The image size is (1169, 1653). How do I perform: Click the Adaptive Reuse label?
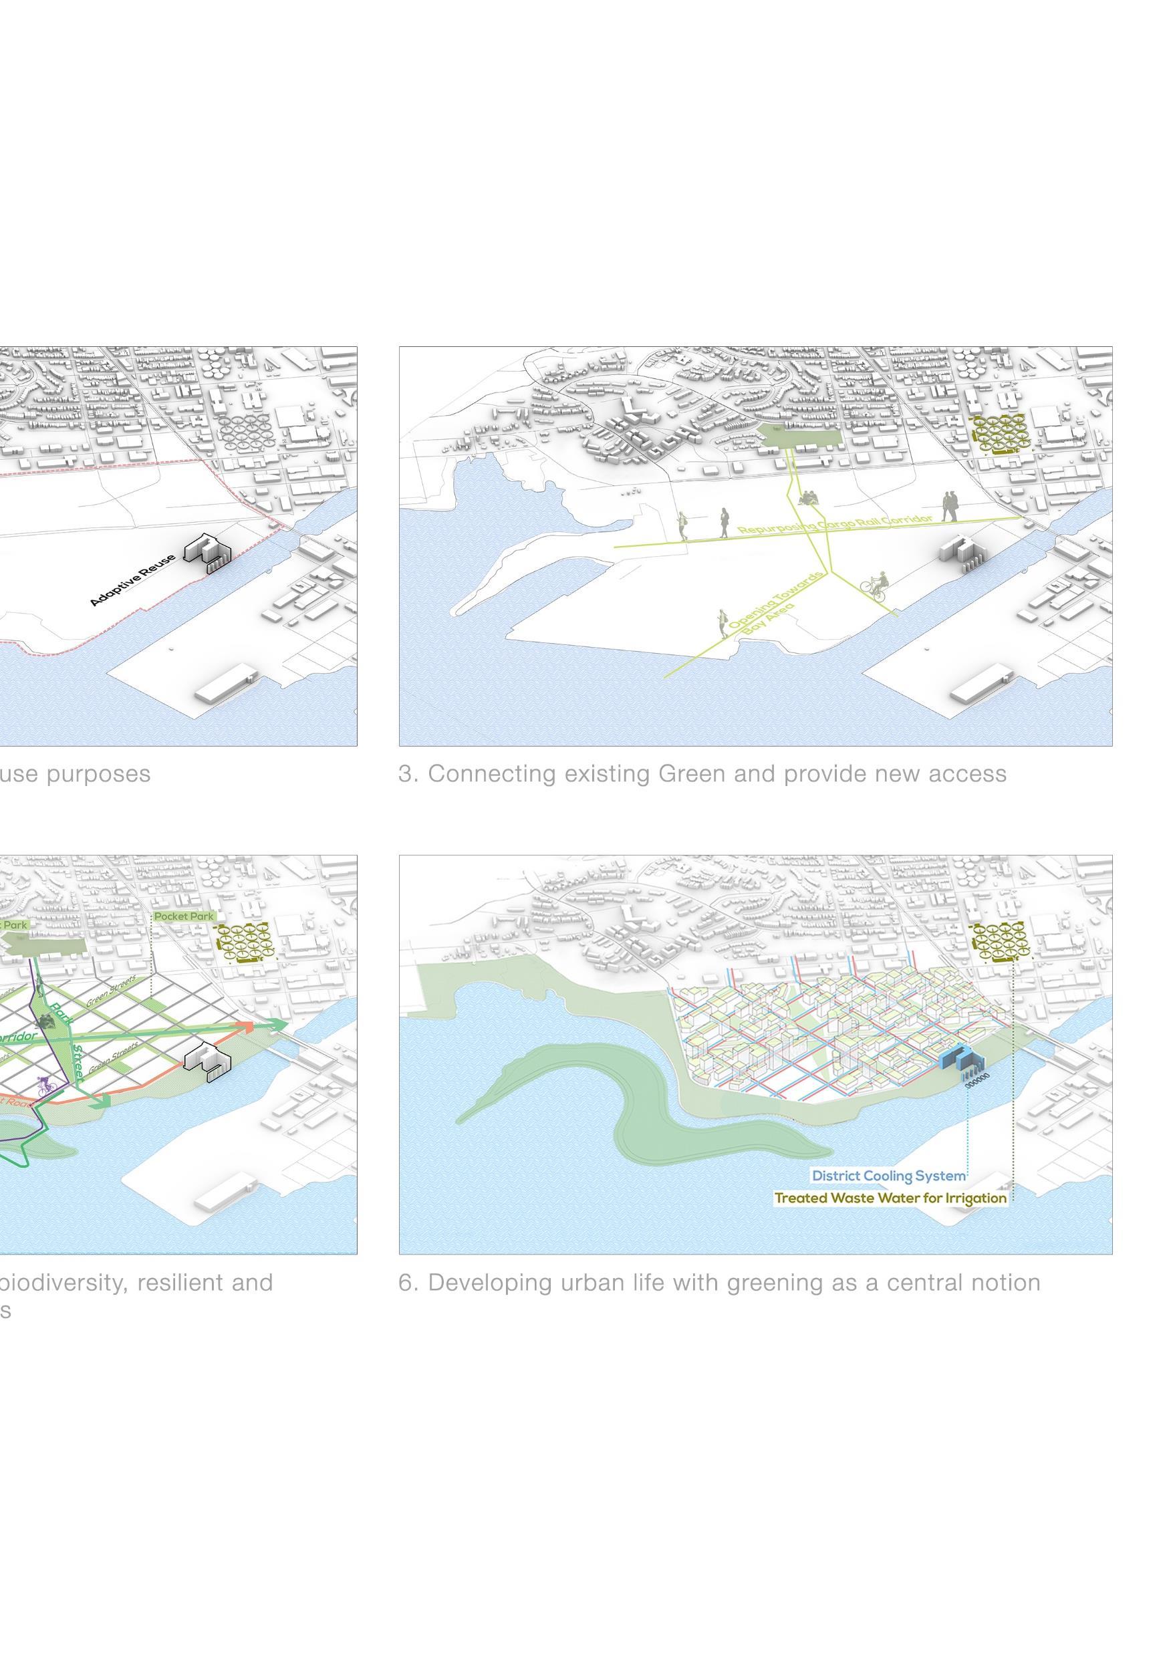pos(132,580)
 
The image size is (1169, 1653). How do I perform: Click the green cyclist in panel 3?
pos(877,586)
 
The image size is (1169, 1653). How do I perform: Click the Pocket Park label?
pos(184,916)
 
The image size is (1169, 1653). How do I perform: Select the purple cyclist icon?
pos(47,1085)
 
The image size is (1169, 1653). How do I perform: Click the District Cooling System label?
pos(888,1176)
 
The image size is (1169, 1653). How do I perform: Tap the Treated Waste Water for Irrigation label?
pos(890,1198)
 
